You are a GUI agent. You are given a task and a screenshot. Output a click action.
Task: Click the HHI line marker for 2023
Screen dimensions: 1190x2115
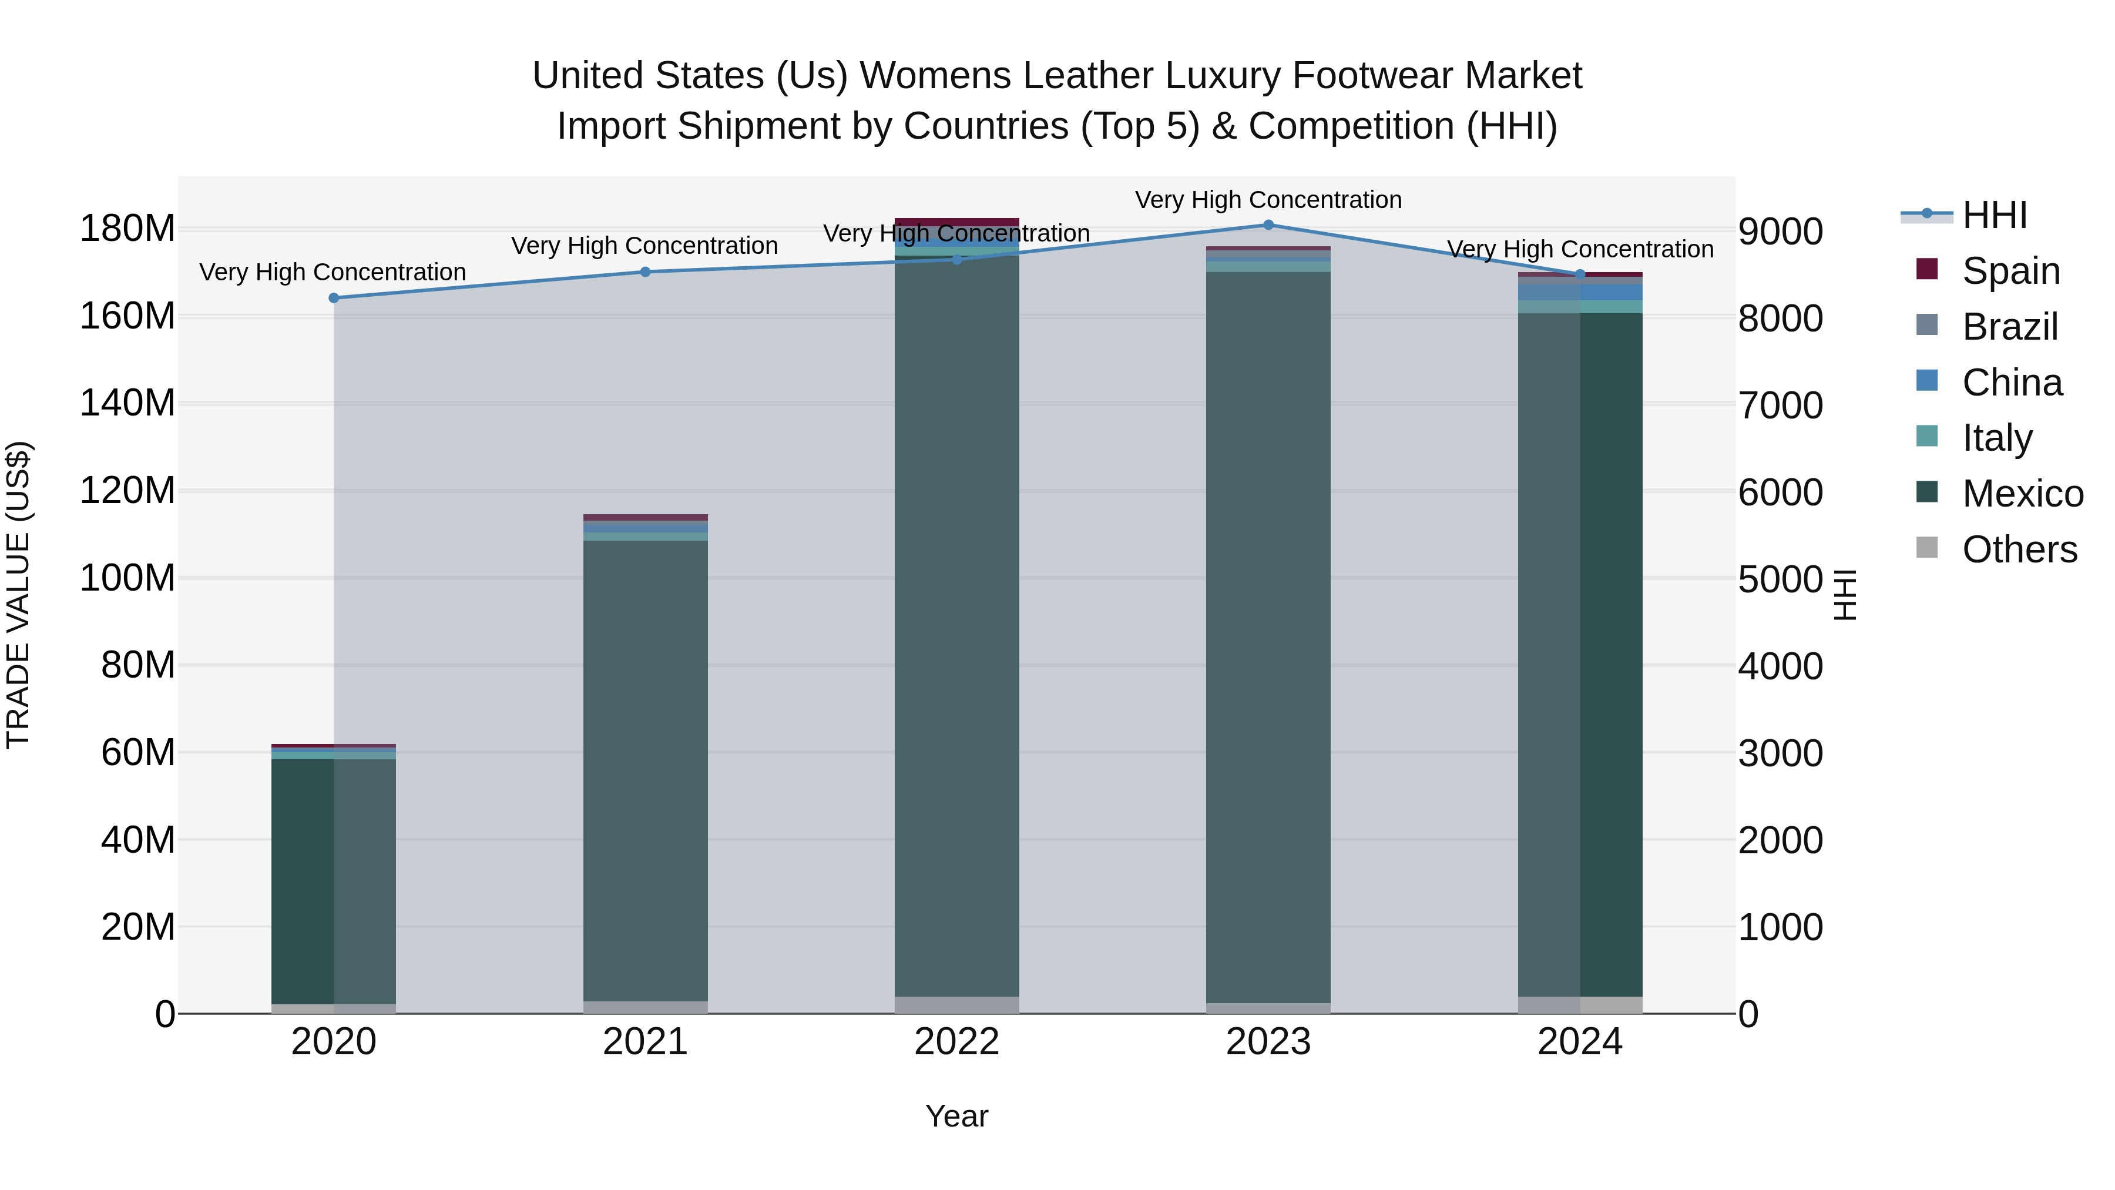1268,225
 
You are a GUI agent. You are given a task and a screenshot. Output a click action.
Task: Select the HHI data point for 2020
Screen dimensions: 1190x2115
333,298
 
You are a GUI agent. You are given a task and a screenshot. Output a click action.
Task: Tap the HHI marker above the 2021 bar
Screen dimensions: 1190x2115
645,272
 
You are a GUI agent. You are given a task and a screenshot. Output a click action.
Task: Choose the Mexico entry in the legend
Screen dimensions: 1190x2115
2022,494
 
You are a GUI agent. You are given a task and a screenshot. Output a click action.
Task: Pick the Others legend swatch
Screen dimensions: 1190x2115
1926,548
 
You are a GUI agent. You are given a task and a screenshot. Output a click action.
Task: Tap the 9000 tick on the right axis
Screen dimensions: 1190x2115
1780,232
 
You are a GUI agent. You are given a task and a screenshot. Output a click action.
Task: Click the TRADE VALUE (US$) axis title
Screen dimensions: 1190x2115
18,595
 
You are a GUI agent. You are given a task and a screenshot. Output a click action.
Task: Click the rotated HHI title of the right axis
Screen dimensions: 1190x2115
1844,595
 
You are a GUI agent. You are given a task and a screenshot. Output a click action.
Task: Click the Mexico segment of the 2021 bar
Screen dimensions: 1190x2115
645,772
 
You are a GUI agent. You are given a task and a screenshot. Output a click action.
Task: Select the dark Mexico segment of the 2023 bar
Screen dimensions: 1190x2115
1268,641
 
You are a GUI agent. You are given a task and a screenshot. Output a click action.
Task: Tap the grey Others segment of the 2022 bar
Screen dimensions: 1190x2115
956,1005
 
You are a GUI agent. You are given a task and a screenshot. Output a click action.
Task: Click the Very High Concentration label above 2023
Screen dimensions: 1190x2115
1268,200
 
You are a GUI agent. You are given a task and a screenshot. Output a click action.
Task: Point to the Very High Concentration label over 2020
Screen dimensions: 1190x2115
333,272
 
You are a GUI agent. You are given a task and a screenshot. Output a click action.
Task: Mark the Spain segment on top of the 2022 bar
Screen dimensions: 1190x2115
956,222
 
